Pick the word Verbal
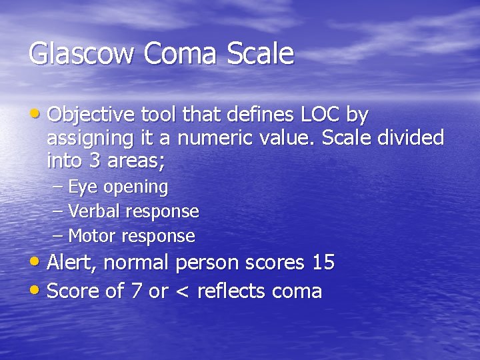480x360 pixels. [x=94, y=211]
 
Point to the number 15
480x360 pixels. [x=323, y=263]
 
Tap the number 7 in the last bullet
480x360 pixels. [x=136, y=291]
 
